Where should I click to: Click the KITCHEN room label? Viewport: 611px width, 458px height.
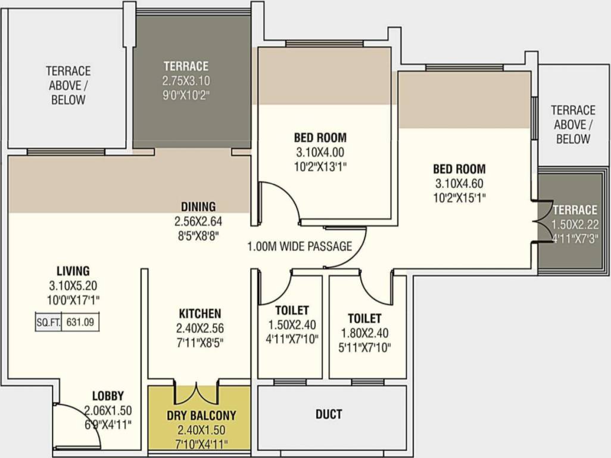[200, 314]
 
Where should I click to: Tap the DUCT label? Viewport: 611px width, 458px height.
[329, 414]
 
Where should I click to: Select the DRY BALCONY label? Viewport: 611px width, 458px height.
[201, 416]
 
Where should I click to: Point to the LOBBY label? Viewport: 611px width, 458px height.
[108, 396]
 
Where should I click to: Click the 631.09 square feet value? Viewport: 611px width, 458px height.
[80, 323]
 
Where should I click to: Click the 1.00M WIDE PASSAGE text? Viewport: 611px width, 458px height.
[300, 246]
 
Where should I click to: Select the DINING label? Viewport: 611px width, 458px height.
[198, 206]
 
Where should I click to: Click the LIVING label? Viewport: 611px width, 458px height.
[73, 271]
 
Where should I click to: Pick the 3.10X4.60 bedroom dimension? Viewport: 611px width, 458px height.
[459, 183]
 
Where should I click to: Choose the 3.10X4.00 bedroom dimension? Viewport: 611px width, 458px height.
[320, 152]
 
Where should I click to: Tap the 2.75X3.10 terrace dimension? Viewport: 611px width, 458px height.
[186, 81]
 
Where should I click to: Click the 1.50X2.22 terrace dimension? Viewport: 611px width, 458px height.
[575, 225]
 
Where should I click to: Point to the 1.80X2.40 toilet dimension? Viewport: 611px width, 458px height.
[364, 333]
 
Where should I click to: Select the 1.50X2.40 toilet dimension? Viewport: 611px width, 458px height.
[292, 325]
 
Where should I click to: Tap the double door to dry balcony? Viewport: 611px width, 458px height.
[196, 395]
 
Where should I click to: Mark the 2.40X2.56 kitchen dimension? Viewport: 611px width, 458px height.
[200, 328]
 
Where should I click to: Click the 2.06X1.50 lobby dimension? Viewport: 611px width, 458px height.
[108, 410]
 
